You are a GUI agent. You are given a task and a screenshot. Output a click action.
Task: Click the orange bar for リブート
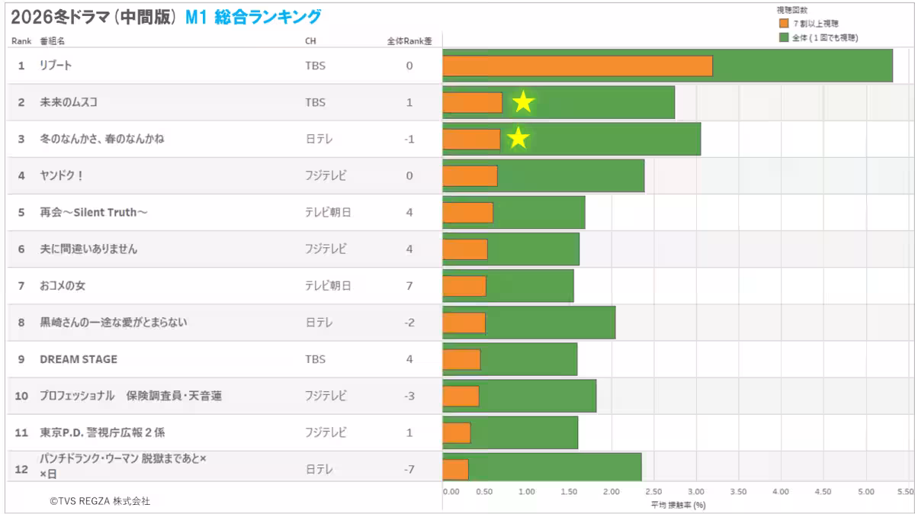pyautogui.click(x=577, y=66)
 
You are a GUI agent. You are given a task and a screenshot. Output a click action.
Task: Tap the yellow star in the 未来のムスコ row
pyautogui.click(x=523, y=101)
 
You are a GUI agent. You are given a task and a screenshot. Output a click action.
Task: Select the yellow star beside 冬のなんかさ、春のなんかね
pyautogui.click(x=518, y=138)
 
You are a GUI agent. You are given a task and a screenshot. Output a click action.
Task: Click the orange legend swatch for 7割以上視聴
pyautogui.click(x=783, y=24)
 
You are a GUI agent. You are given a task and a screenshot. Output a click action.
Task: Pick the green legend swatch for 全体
pyautogui.click(x=783, y=37)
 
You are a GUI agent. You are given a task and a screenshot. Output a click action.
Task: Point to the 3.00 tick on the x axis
pyautogui.click(x=695, y=492)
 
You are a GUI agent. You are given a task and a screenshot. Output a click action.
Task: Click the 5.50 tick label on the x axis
pyautogui.click(x=905, y=492)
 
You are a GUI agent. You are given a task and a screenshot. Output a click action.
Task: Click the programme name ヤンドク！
pyautogui.click(x=62, y=175)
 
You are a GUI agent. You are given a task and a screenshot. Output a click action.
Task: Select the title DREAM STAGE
pyautogui.click(x=79, y=359)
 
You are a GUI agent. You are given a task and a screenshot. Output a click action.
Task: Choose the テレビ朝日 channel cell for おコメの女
pyautogui.click(x=328, y=286)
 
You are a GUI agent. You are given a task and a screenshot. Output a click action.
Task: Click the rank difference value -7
pyautogui.click(x=409, y=469)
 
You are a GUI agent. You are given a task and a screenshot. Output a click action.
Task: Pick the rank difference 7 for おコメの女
pyautogui.click(x=409, y=286)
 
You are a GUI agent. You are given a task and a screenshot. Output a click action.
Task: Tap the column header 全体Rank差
pyautogui.click(x=409, y=41)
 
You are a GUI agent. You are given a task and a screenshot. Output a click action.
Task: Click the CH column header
pyautogui.click(x=310, y=41)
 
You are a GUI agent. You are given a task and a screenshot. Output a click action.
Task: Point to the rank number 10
pyautogui.click(x=21, y=396)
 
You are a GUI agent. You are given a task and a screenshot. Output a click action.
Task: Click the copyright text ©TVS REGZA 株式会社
pyautogui.click(x=100, y=501)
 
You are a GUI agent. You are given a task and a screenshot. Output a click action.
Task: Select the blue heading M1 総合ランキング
pyautogui.click(x=253, y=17)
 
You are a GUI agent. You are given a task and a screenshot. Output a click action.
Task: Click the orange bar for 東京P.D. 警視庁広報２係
pyautogui.click(x=457, y=432)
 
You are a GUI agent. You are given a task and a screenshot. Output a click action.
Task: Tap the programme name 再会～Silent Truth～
pyautogui.click(x=94, y=212)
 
